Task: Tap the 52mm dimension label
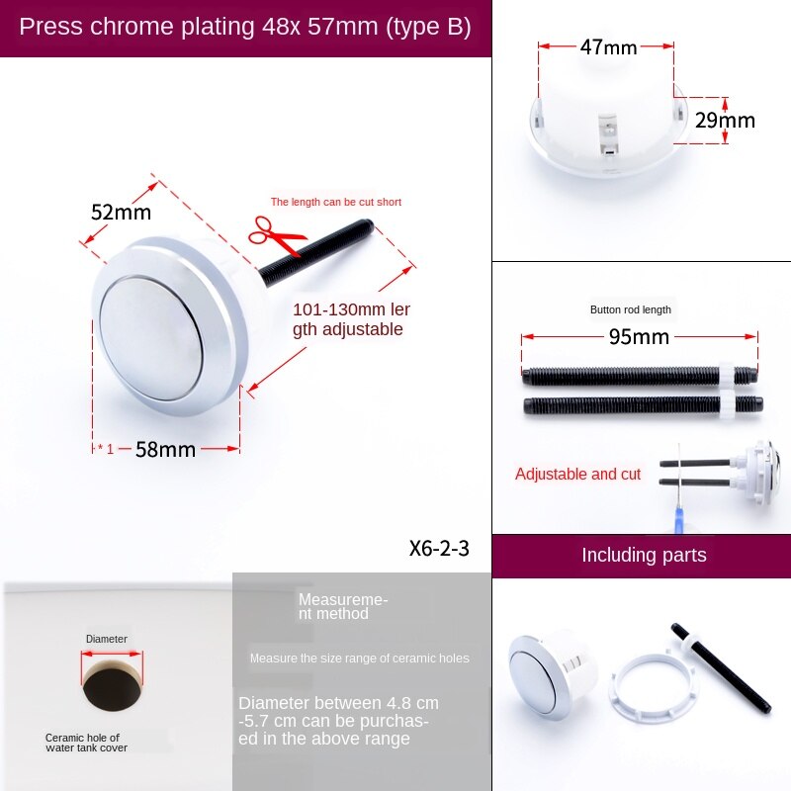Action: (121, 213)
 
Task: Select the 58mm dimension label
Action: (165, 449)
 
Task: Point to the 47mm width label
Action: (608, 46)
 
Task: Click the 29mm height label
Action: (724, 121)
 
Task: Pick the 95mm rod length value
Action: (638, 337)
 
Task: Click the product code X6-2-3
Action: (439, 549)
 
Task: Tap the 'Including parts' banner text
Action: (644, 555)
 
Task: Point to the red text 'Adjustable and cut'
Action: (577, 475)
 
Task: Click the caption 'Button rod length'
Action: (631, 309)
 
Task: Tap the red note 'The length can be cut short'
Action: (336, 202)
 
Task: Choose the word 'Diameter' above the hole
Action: (106, 639)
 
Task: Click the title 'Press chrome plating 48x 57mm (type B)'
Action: (245, 27)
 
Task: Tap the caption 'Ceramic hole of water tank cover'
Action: (86, 742)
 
